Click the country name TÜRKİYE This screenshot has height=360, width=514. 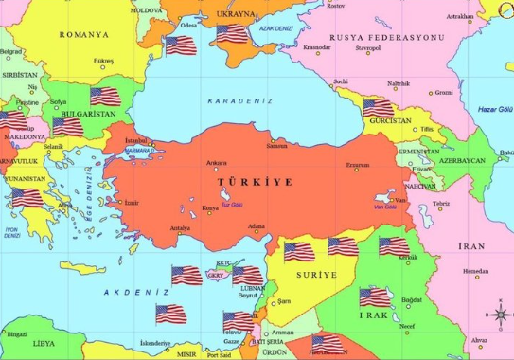point(255,180)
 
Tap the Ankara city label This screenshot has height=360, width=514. point(217,163)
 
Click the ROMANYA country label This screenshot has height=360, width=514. point(84,34)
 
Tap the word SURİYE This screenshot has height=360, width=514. point(316,275)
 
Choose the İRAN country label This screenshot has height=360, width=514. point(471,246)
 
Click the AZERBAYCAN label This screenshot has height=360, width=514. point(461,160)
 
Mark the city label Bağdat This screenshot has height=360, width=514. point(411,300)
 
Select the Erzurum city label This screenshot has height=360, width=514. point(357,165)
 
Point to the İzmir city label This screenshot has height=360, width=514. point(131,203)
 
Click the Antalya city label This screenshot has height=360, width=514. point(180,228)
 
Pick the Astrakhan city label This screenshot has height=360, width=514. point(459,16)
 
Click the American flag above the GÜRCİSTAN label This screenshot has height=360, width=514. point(378,107)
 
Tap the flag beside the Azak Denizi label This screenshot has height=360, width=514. point(231,33)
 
